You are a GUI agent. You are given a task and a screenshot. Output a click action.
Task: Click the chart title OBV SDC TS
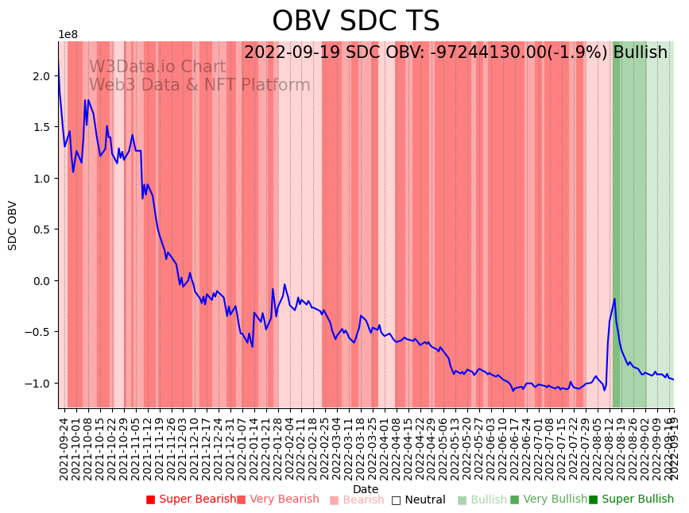355,21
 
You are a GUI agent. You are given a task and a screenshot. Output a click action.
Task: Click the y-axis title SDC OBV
13,226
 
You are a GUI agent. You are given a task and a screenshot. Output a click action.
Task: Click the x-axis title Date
366,489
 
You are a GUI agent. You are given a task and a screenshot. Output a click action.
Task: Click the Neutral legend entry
418,499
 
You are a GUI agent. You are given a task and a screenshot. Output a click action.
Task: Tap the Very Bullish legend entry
548,499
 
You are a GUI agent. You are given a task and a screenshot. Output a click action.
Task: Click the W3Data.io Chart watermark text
157,67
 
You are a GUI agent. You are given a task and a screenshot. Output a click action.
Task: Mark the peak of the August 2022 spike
614,299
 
